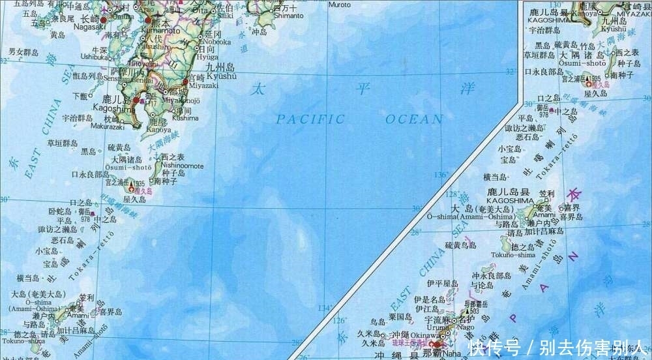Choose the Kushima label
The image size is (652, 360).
coord(185,118)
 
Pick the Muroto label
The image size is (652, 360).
coord(339,4)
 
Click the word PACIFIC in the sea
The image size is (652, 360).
coord(309,119)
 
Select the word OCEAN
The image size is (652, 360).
coord(413,119)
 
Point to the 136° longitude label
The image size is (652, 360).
coord(441,175)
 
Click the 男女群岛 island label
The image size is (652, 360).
coord(25,52)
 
